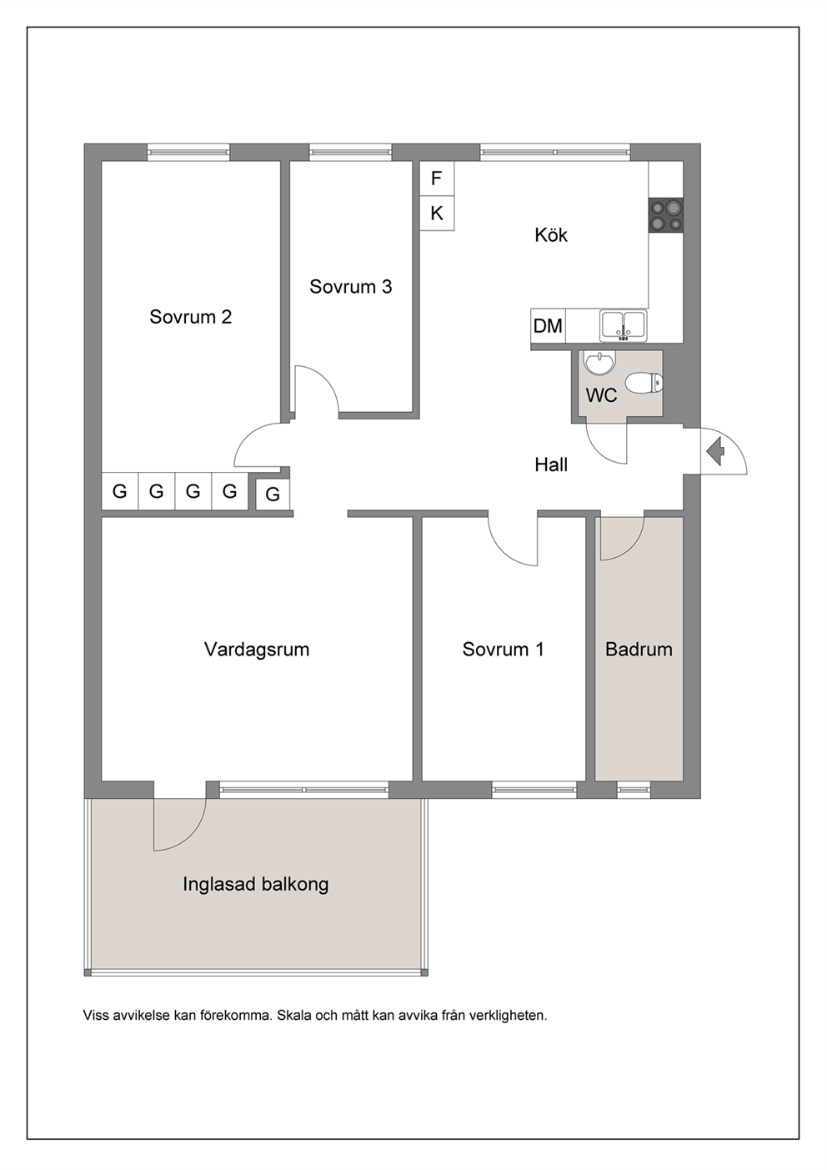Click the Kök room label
551,235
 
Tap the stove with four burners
665,215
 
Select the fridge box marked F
437,178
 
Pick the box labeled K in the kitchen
437,213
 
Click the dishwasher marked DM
548,326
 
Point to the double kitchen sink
623,325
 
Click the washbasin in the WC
600,363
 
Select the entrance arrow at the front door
715,451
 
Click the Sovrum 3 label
350,287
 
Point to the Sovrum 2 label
191,317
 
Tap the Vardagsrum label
256,650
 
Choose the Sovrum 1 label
503,650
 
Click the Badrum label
639,650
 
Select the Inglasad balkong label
256,884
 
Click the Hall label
551,464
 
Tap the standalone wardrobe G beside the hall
273,494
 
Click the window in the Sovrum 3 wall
350,153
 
